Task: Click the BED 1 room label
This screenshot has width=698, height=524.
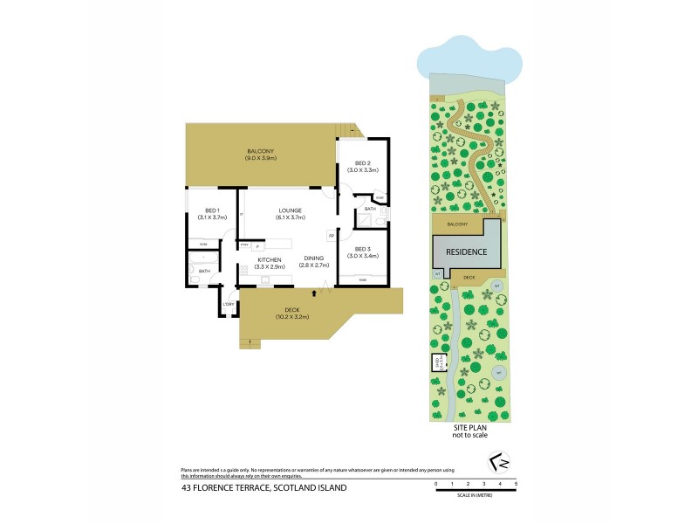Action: click(x=212, y=210)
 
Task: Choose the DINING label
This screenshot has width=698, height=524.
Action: click(x=314, y=259)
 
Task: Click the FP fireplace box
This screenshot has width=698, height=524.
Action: click(x=332, y=235)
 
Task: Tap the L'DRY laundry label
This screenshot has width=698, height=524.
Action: click(x=229, y=304)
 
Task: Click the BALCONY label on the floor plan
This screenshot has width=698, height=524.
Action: click(x=260, y=152)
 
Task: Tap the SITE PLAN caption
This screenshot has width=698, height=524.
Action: click(x=469, y=427)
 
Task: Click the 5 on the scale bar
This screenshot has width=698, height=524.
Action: click(x=517, y=483)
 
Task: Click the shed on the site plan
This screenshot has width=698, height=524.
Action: click(x=436, y=362)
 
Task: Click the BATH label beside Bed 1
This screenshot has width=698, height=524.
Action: click(x=205, y=271)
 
